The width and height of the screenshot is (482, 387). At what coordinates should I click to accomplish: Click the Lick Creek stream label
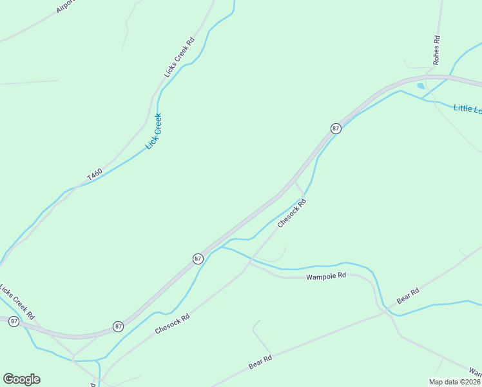click(x=153, y=132)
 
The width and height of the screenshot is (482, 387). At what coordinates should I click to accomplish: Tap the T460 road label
click(x=95, y=175)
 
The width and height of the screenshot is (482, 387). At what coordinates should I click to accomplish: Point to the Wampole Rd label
click(x=326, y=275)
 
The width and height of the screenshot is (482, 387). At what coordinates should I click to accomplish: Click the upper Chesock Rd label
click(x=291, y=213)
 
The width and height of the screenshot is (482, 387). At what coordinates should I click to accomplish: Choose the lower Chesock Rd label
click(x=173, y=324)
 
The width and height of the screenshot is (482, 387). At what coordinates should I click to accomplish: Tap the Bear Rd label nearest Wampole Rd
click(x=408, y=296)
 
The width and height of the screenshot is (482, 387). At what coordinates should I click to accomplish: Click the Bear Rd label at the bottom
click(x=260, y=362)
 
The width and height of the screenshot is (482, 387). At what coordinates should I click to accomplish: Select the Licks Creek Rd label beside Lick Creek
click(x=179, y=58)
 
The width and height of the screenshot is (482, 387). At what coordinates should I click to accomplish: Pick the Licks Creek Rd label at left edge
click(x=17, y=301)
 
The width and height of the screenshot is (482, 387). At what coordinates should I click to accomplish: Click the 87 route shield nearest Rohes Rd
click(x=336, y=128)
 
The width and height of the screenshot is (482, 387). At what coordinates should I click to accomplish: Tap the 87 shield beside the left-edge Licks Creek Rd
click(x=14, y=321)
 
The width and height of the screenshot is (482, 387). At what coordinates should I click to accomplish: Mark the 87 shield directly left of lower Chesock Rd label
click(x=119, y=326)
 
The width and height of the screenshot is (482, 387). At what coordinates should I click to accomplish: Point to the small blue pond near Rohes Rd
click(x=421, y=85)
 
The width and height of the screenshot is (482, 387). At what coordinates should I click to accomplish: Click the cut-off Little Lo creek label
click(x=467, y=109)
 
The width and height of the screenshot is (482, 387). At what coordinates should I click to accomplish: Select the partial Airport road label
click(x=66, y=6)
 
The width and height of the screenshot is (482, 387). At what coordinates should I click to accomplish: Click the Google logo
click(x=21, y=379)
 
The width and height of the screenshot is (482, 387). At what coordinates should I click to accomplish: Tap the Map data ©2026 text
click(x=455, y=382)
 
